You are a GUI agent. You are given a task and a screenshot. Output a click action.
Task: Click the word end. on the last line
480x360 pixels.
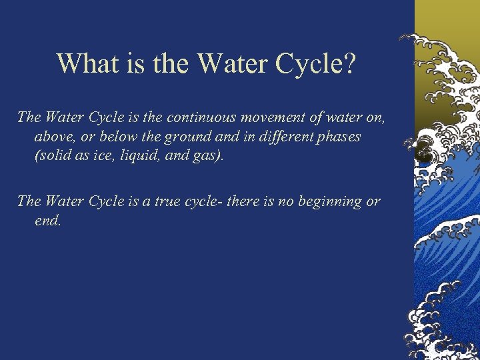click(x=47, y=220)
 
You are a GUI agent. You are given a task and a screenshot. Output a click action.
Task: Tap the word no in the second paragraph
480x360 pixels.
click(x=278, y=201)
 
